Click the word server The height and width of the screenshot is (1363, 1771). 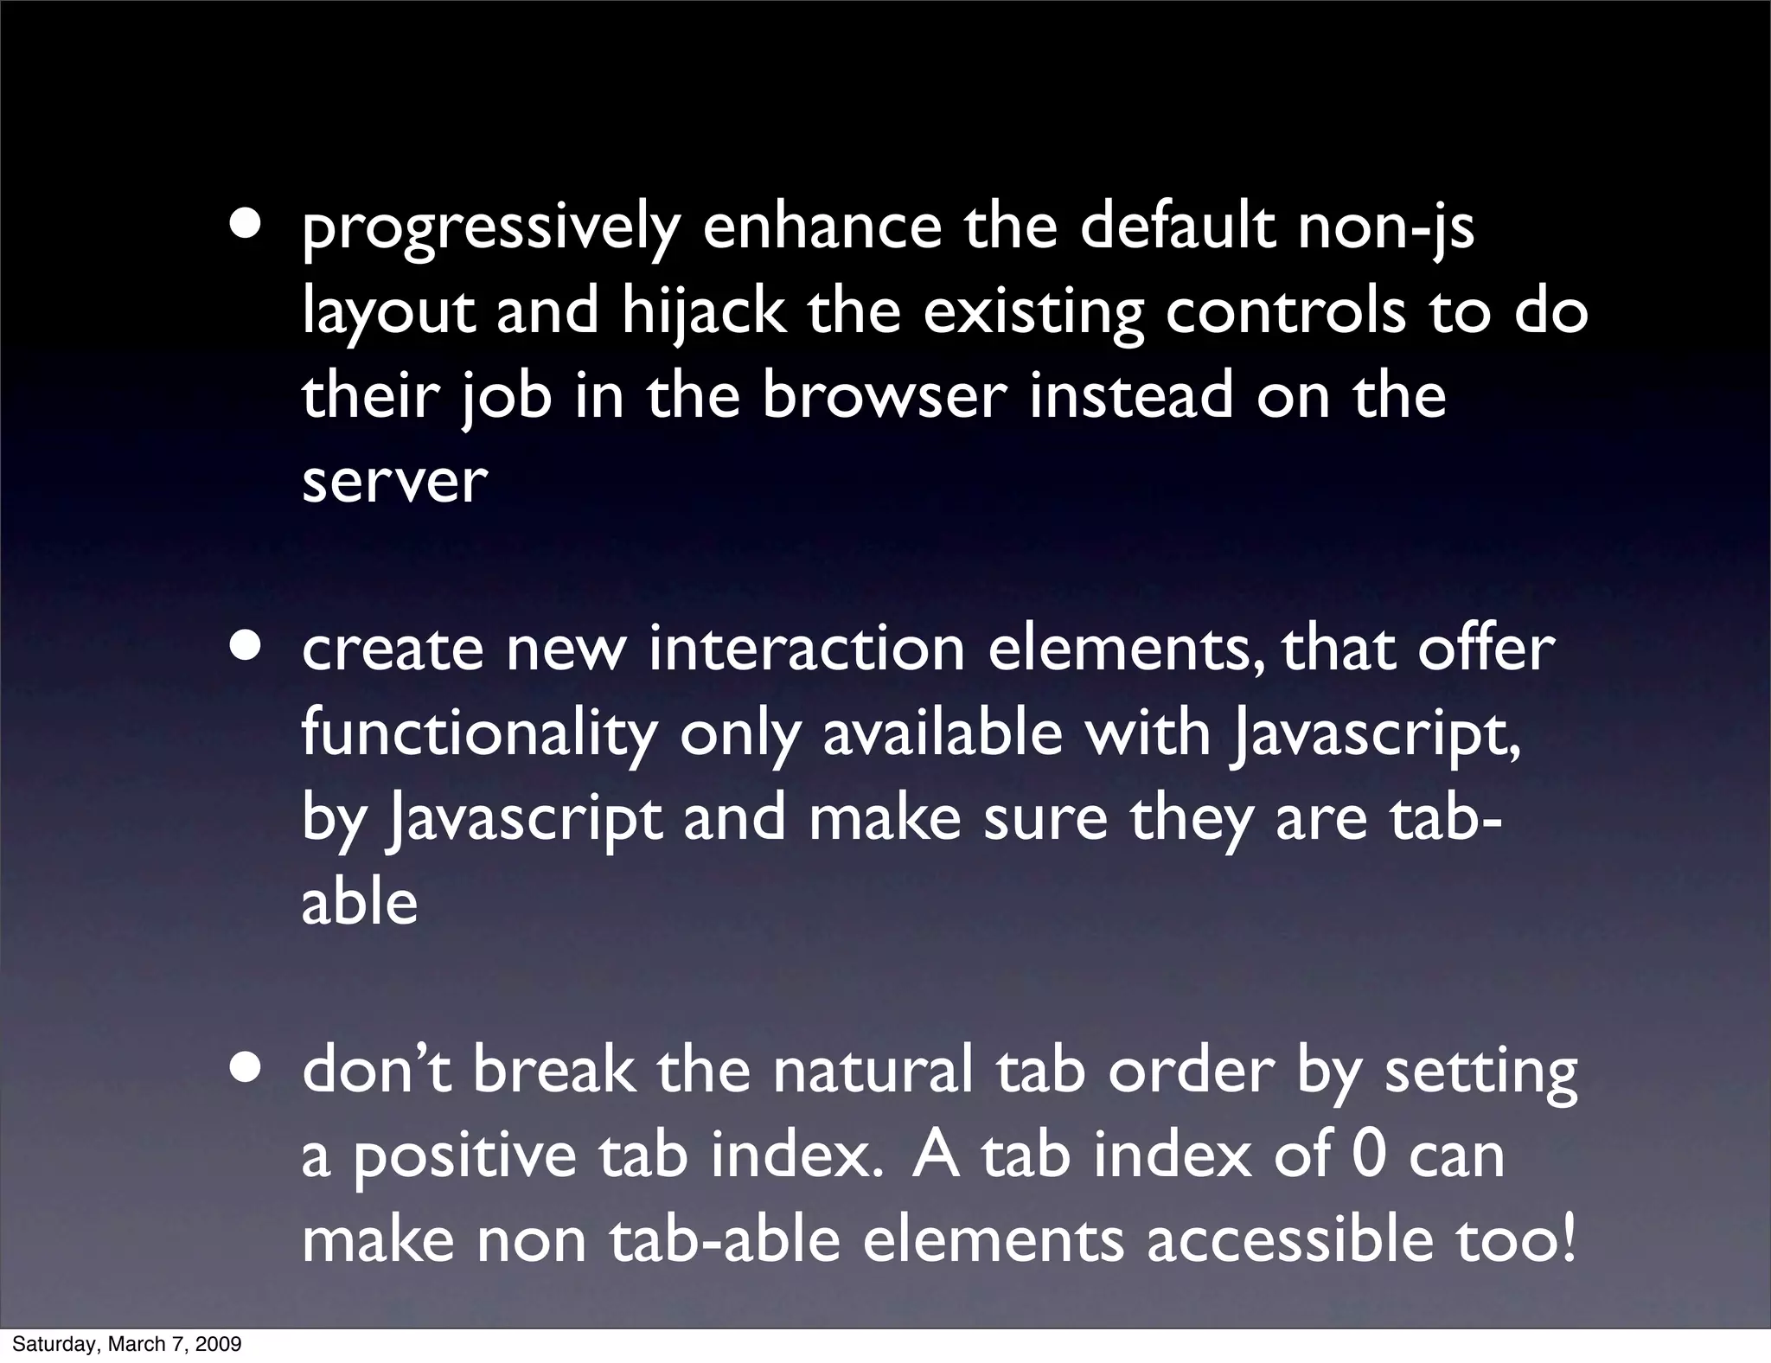(394, 481)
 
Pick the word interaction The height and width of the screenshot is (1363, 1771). (806, 650)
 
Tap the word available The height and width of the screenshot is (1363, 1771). (942, 733)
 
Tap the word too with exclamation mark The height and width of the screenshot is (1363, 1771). (1517, 1239)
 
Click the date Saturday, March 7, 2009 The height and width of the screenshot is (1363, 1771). (126, 1344)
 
